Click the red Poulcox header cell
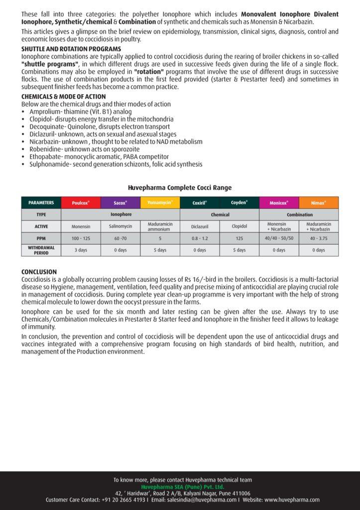coord(80,203)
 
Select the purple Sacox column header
coord(120,203)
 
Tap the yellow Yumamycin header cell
coord(160,203)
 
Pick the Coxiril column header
coord(199,203)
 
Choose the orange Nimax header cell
coord(319,203)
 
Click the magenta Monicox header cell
coord(279,203)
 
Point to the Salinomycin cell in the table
coord(120,227)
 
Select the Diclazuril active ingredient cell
coord(199,227)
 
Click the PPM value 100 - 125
coord(80,239)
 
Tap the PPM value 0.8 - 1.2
coord(199,239)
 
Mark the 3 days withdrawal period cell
coord(80,250)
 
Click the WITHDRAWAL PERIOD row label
coord(41,250)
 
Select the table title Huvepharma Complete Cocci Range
coord(180,188)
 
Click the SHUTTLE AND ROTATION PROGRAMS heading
coord(71,49)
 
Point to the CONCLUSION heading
coord(39,272)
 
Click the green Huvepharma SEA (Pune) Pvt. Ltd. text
coord(182,487)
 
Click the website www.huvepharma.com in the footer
coord(292,500)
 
